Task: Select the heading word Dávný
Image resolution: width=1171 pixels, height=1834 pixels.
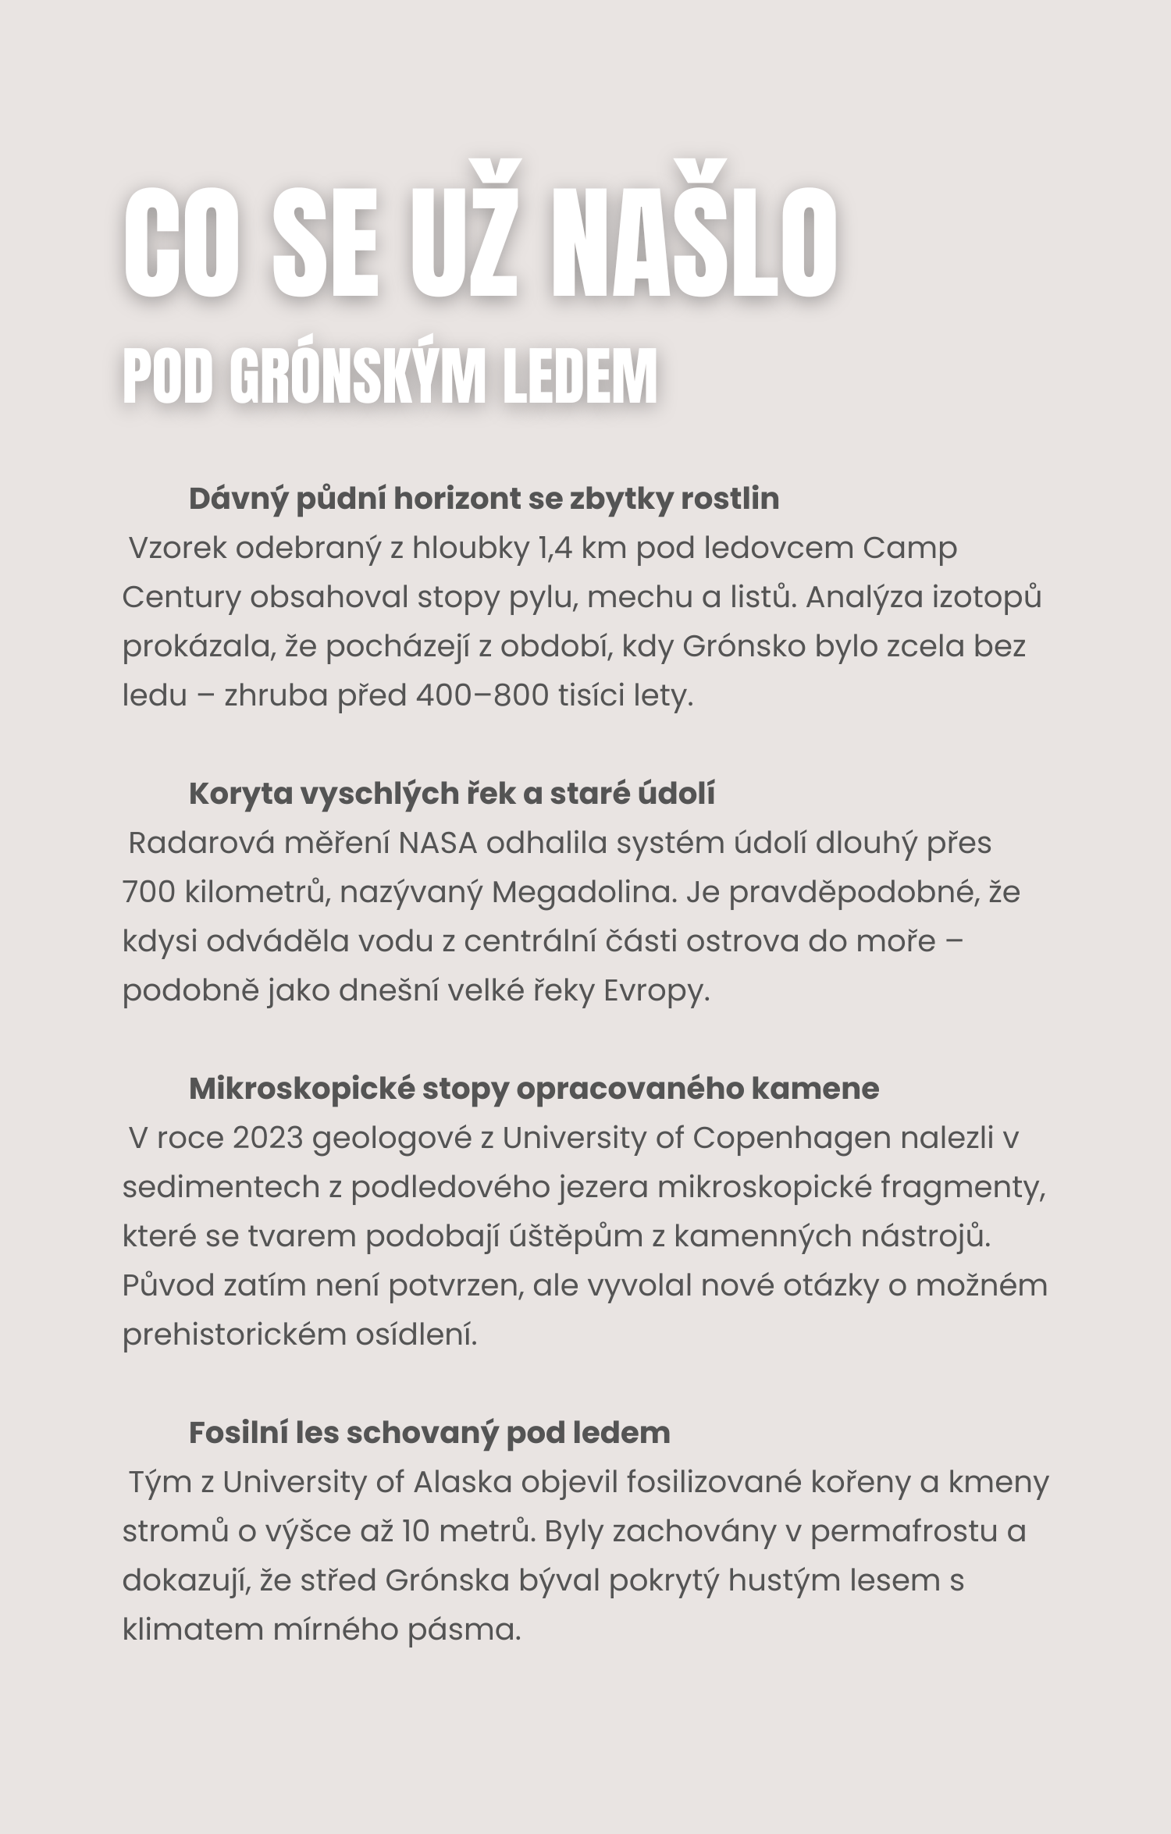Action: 238,499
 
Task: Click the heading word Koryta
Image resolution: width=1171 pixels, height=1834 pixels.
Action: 240,794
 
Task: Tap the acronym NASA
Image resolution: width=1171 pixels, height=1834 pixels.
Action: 438,844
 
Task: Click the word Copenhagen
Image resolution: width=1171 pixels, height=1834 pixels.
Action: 792,1139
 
